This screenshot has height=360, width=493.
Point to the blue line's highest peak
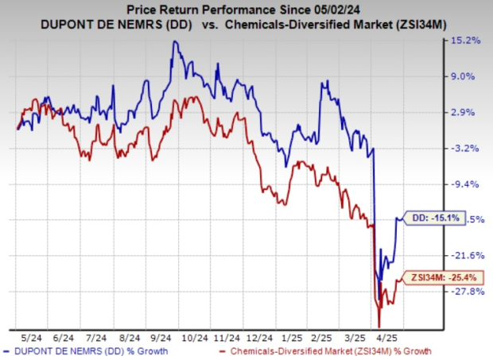[x=174, y=41]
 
